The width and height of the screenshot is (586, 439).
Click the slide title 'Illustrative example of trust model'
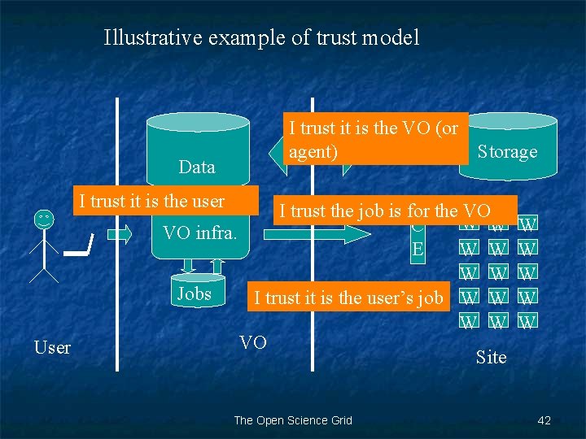tap(261, 37)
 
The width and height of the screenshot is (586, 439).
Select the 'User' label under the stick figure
tap(53, 348)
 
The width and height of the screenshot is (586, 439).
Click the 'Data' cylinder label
tap(197, 167)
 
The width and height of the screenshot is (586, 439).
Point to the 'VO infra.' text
tap(199, 233)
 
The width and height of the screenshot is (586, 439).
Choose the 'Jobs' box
tap(194, 294)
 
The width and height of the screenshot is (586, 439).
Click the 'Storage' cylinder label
tap(507, 152)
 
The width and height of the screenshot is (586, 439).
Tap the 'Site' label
tap(491, 357)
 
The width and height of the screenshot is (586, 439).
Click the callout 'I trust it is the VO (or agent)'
tap(374, 140)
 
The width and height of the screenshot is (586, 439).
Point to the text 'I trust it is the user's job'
tap(348, 298)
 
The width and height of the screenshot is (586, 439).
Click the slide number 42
tap(544, 420)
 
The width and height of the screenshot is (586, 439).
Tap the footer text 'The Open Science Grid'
tap(293, 420)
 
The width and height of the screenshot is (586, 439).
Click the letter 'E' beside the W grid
tap(418, 249)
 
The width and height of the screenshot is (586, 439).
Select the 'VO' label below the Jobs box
tap(252, 342)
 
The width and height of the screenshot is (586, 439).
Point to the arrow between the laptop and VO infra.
tap(119, 234)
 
